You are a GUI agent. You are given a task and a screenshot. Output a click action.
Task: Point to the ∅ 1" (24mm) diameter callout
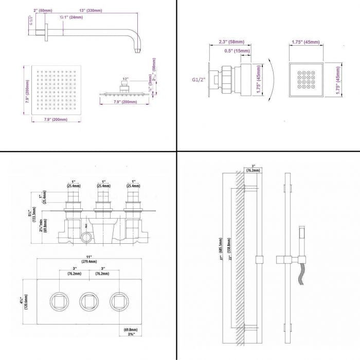[72, 17]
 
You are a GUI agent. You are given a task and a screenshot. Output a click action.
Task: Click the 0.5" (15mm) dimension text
[237, 51]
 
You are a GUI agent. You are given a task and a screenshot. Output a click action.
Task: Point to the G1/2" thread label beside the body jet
[199, 80]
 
